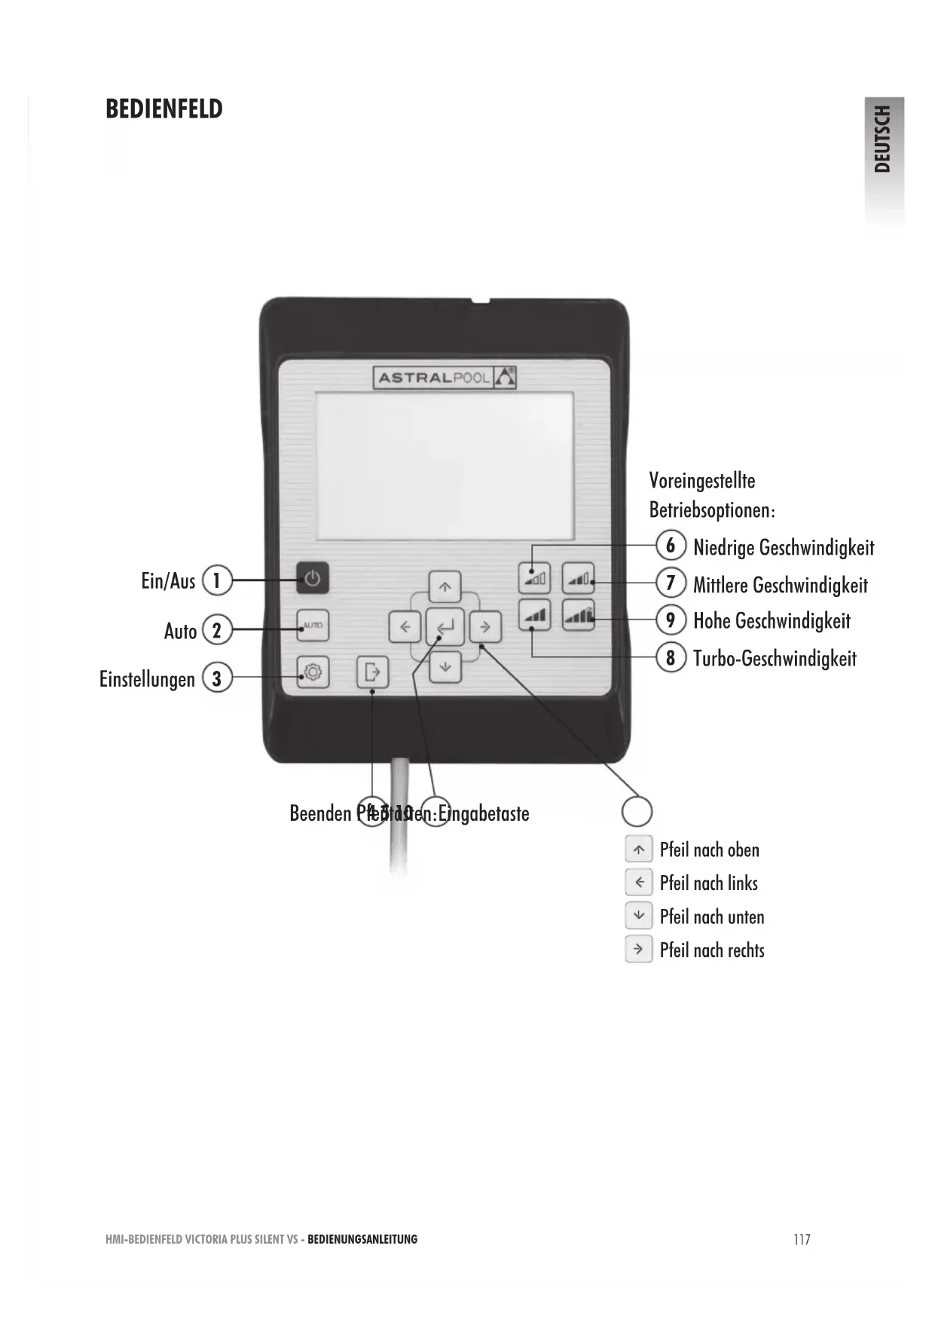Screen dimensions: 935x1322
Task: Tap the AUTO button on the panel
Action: pyautogui.click(x=312, y=625)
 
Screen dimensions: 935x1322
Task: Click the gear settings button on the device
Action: pyautogui.click(x=312, y=671)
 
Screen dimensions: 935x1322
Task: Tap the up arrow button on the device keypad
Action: pyautogui.click(x=445, y=586)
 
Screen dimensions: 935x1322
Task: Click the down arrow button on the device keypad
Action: pyautogui.click(x=445, y=666)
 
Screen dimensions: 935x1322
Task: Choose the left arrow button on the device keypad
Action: pyautogui.click(x=405, y=626)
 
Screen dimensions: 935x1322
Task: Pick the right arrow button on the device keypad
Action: pyautogui.click(x=485, y=626)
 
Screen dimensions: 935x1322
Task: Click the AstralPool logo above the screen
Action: pyautogui.click(x=445, y=378)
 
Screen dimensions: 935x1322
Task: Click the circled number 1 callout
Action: pyautogui.click(x=217, y=580)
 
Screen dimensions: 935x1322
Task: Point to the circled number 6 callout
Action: pyautogui.click(x=671, y=545)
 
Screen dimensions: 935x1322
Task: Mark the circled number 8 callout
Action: pyautogui.click(x=671, y=657)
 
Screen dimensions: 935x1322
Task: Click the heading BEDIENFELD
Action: pyautogui.click(x=164, y=109)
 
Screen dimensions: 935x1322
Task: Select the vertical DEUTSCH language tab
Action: pyautogui.click(x=883, y=139)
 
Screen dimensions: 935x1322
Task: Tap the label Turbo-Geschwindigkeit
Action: pyautogui.click(x=775, y=659)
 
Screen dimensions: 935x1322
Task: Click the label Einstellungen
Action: pyautogui.click(x=147, y=679)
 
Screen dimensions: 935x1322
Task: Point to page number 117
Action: pyautogui.click(x=802, y=1240)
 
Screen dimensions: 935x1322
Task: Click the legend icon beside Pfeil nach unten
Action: pyautogui.click(x=639, y=916)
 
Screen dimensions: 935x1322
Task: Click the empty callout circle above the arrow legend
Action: pyautogui.click(x=637, y=811)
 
